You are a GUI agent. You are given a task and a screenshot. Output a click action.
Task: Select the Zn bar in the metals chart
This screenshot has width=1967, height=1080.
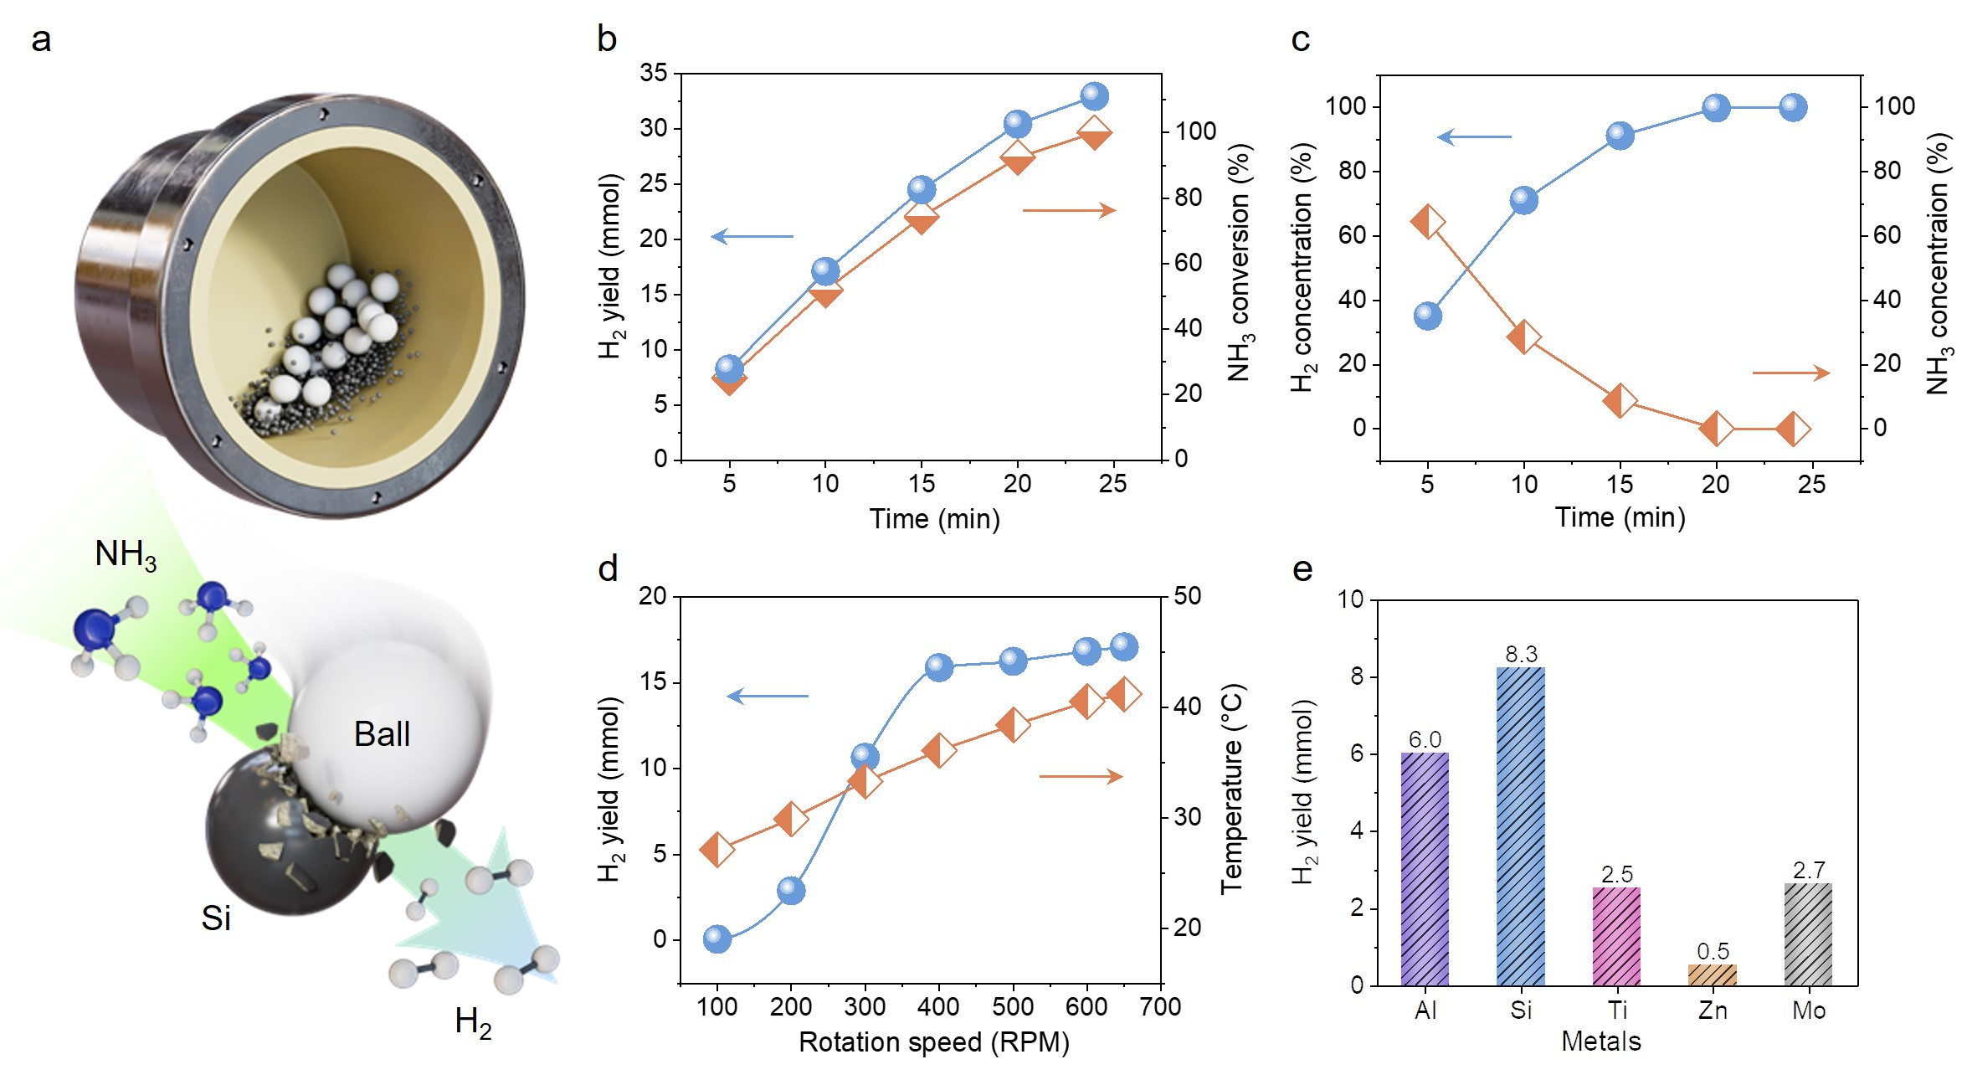click(x=1713, y=975)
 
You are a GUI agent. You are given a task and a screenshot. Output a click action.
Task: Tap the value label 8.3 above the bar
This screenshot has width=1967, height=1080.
click(x=1521, y=654)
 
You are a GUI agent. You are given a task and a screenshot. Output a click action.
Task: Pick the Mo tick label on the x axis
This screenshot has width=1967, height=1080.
click(x=1809, y=1011)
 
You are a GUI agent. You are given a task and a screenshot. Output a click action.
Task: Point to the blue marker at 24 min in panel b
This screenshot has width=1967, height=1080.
click(x=1094, y=96)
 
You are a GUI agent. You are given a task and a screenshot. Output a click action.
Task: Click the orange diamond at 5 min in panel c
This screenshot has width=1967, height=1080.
click(x=1428, y=222)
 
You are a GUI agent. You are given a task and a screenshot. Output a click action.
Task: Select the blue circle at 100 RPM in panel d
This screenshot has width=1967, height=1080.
click(x=717, y=939)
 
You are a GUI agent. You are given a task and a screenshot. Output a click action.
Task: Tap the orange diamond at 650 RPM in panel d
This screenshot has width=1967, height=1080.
click(x=1123, y=694)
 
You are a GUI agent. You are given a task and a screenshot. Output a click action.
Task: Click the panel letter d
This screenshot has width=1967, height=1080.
click(x=608, y=569)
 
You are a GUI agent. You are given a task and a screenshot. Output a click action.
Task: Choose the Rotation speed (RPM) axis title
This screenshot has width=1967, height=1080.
click(x=934, y=1042)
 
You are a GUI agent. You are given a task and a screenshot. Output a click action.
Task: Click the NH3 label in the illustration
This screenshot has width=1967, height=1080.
click(x=126, y=554)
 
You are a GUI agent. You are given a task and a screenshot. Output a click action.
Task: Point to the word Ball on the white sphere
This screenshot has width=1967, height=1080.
click(x=382, y=734)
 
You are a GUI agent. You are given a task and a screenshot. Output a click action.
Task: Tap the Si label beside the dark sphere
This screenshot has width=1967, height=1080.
click(x=216, y=918)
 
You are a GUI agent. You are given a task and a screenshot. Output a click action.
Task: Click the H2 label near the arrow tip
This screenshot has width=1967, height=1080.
click(x=473, y=1022)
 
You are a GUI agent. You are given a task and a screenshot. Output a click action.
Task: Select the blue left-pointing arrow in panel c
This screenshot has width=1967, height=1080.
click(x=1475, y=136)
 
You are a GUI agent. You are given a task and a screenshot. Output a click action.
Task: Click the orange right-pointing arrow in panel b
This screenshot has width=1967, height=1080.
click(x=1069, y=210)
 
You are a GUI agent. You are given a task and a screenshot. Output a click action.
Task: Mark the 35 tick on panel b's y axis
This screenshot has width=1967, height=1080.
click(x=654, y=74)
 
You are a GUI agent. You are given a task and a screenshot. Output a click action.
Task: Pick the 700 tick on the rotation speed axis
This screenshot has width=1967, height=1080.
click(x=1161, y=1006)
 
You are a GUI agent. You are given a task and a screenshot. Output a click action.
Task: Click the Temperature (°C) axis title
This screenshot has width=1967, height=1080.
click(x=1233, y=789)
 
